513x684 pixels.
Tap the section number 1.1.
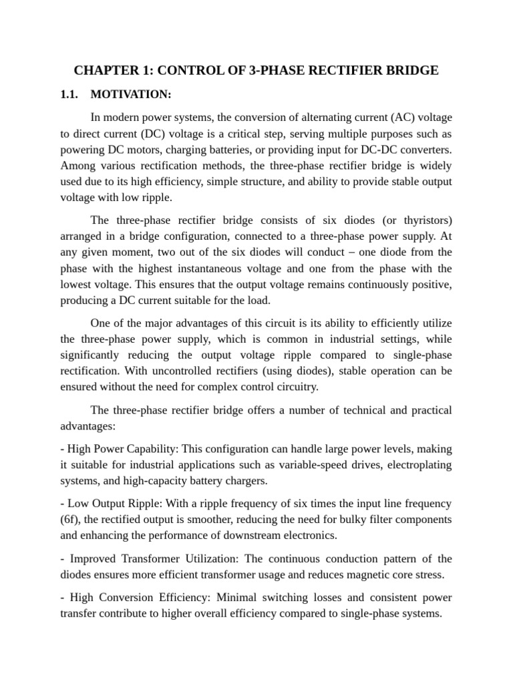(x=71, y=94)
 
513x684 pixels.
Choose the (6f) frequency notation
(x=71, y=519)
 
